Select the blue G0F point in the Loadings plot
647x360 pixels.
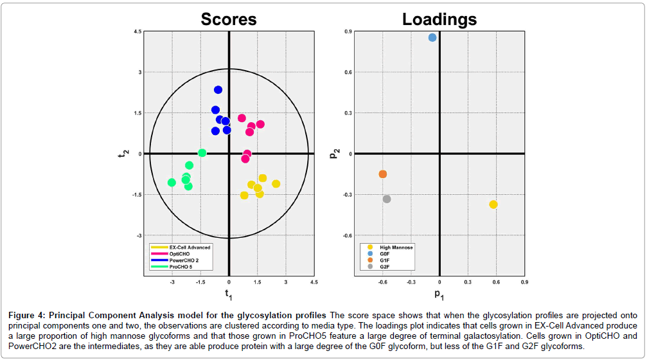[x=432, y=38]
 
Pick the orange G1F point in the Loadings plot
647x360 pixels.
[x=383, y=174]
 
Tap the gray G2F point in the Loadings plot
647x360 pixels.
[x=387, y=199]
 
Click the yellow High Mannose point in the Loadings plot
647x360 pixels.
[x=493, y=204]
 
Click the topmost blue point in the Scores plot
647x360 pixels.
[x=218, y=90]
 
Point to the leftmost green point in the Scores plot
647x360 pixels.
[x=172, y=183]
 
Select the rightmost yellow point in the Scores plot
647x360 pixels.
[x=276, y=184]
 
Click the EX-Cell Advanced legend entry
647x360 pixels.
[x=190, y=247]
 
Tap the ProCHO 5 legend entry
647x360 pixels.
[x=182, y=266]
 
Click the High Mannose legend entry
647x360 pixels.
[x=396, y=247]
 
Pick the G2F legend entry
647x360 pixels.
[x=385, y=266]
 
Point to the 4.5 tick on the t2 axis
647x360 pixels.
[x=137, y=32]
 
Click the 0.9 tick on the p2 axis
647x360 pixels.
[x=348, y=32]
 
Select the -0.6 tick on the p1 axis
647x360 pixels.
[x=382, y=282]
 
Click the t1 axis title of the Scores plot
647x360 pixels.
[x=228, y=294]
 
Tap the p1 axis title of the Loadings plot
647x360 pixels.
[x=439, y=294]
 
